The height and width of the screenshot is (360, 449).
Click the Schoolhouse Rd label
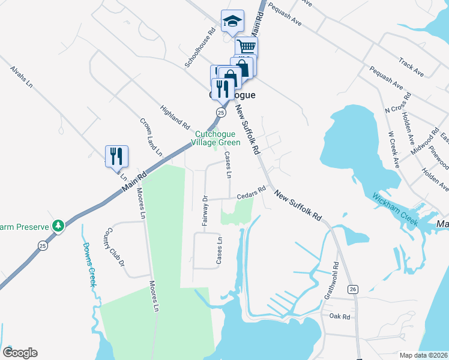coord(200,49)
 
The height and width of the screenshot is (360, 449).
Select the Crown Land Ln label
coord(151,137)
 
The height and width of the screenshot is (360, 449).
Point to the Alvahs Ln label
coord(20,77)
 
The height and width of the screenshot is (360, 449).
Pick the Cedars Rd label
coord(251,193)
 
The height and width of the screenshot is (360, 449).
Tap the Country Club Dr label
coord(114,247)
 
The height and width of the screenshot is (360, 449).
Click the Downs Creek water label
coord(88,265)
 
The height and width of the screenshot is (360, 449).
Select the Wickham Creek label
coord(394,206)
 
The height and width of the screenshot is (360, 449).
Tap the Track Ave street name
coord(411,67)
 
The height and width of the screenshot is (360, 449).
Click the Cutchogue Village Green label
coord(215,139)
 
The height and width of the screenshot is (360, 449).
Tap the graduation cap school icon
coord(232,22)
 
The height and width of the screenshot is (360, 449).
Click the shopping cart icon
coord(246,46)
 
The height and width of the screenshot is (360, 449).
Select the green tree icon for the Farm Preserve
coord(58,226)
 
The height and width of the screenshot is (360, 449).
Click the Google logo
coord(20,353)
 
